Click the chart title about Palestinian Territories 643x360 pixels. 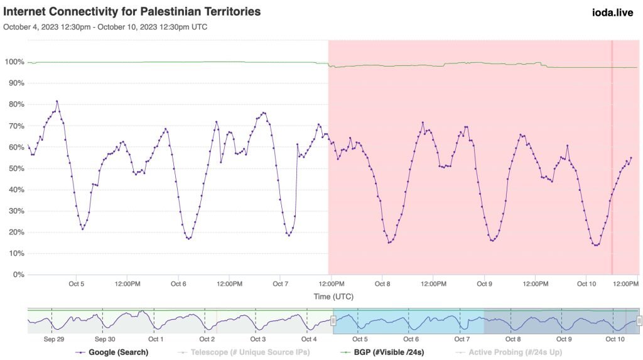click(x=132, y=12)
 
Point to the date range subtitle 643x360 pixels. click(x=105, y=27)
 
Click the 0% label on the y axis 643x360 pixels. click(x=16, y=275)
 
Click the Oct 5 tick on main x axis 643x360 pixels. click(x=77, y=284)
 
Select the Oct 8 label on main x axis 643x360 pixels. click(x=382, y=284)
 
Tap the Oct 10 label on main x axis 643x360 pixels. click(x=586, y=284)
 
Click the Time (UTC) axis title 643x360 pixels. click(x=332, y=295)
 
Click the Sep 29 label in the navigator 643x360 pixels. click(x=53, y=339)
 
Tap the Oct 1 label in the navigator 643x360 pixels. click(x=156, y=339)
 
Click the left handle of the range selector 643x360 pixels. click(x=334, y=321)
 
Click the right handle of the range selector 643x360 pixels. click(x=639, y=321)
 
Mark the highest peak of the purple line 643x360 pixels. click(x=57, y=101)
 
